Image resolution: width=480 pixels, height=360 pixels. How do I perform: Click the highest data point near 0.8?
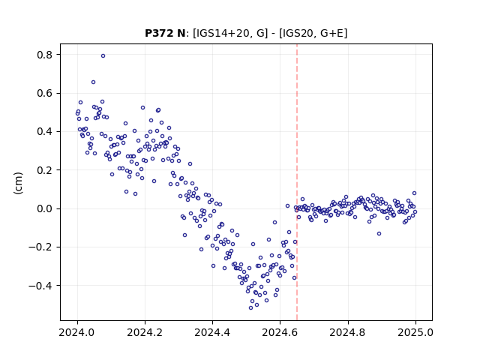(x=103, y=56)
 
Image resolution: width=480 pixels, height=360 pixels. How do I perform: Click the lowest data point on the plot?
(x=250, y=307)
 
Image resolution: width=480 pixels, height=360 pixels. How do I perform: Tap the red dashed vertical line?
(x=297, y=182)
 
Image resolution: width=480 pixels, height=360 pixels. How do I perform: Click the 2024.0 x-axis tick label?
(x=77, y=332)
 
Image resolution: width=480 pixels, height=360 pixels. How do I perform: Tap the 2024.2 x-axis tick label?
(x=145, y=332)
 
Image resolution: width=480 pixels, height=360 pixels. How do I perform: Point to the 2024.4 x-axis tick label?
(x=212, y=332)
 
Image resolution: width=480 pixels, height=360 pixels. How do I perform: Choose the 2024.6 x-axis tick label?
(x=280, y=332)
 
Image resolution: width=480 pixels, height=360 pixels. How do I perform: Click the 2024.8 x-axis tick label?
(x=348, y=332)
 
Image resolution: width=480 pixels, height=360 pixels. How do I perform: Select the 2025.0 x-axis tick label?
(x=415, y=332)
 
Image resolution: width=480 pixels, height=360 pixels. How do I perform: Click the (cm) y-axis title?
(x=18, y=183)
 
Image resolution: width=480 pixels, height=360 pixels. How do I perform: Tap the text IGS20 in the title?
(x=296, y=33)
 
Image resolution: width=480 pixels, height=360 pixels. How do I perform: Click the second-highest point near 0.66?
(x=93, y=82)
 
